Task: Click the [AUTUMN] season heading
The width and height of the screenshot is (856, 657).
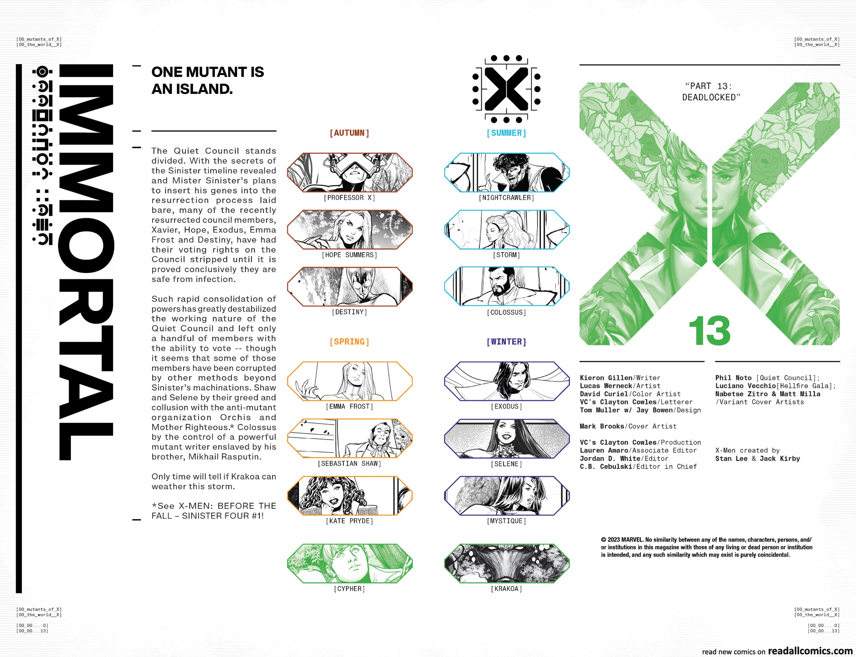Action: [x=349, y=133]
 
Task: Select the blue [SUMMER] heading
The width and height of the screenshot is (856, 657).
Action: [x=506, y=133]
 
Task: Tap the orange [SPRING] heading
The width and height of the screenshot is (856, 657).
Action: [x=349, y=342]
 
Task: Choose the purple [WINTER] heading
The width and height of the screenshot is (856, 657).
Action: [x=506, y=342]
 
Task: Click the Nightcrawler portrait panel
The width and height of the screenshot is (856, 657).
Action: [x=507, y=173]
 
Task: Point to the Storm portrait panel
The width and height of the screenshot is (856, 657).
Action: [x=507, y=230]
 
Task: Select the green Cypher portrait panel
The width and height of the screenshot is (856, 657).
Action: [x=350, y=563]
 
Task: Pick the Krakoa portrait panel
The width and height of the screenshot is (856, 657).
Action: [x=507, y=563]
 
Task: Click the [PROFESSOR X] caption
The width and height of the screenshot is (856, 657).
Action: [x=349, y=198]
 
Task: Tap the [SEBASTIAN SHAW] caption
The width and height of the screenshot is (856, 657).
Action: [x=349, y=464]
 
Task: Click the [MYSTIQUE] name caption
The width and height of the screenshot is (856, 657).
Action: [x=506, y=521]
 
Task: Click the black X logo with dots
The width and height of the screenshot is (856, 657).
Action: [x=506, y=89]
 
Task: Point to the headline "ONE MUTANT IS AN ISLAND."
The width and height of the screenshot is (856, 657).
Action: [x=208, y=81]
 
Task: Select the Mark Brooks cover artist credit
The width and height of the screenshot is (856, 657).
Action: [x=628, y=426]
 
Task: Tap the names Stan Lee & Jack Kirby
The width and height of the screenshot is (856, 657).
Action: [x=757, y=459]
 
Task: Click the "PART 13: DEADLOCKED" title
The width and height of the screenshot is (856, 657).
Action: [x=711, y=92]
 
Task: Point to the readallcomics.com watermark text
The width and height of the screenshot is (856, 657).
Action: [x=810, y=651]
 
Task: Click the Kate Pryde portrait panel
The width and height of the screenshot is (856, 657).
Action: [x=350, y=496]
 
